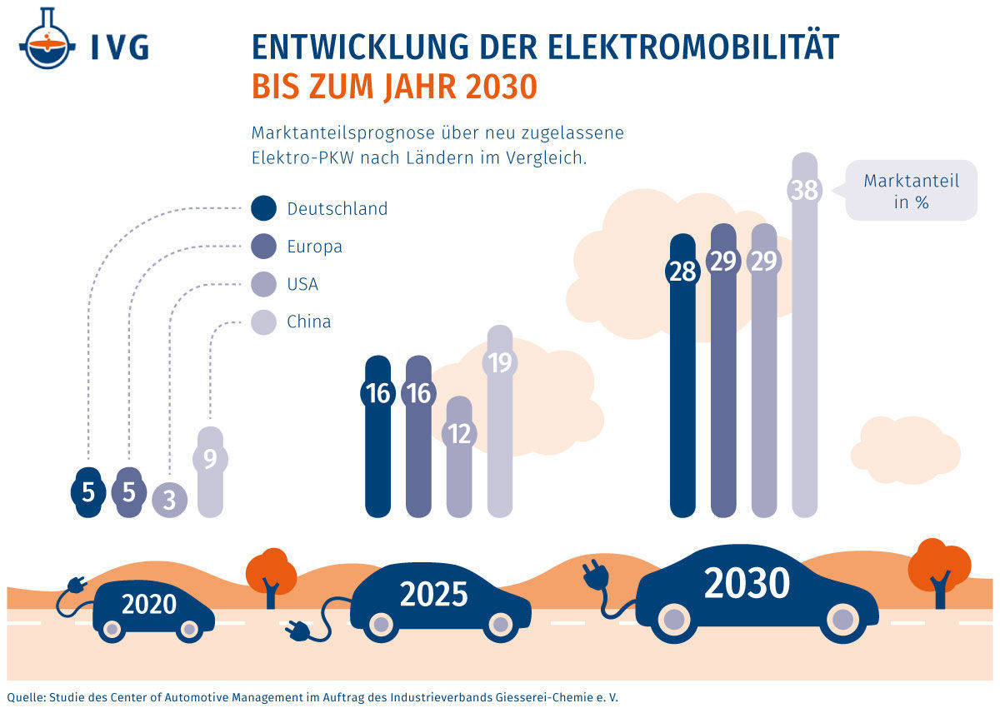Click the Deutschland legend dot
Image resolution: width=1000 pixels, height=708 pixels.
[x=263, y=208]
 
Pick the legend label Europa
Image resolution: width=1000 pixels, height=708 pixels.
[x=314, y=247]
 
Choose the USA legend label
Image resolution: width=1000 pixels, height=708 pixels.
[x=302, y=284]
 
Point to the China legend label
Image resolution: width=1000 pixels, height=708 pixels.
[x=308, y=322]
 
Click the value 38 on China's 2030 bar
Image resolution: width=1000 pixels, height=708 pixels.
[x=804, y=190]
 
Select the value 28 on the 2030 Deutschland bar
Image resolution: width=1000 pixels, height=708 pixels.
[x=682, y=272]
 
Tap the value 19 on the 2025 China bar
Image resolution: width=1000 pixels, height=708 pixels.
[x=499, y=364]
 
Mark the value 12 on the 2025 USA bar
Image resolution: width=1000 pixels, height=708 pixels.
[x=459, y=433]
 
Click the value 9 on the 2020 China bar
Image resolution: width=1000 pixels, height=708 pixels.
[x=210, y=458]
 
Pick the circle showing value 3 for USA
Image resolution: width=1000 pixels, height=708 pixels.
[x=169, y=500]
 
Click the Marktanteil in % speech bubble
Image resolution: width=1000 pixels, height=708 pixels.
[x=911, y=191]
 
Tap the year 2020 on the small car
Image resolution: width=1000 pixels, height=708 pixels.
[x=149, y=604]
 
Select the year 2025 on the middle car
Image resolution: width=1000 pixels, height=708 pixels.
[x=433, y=595]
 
